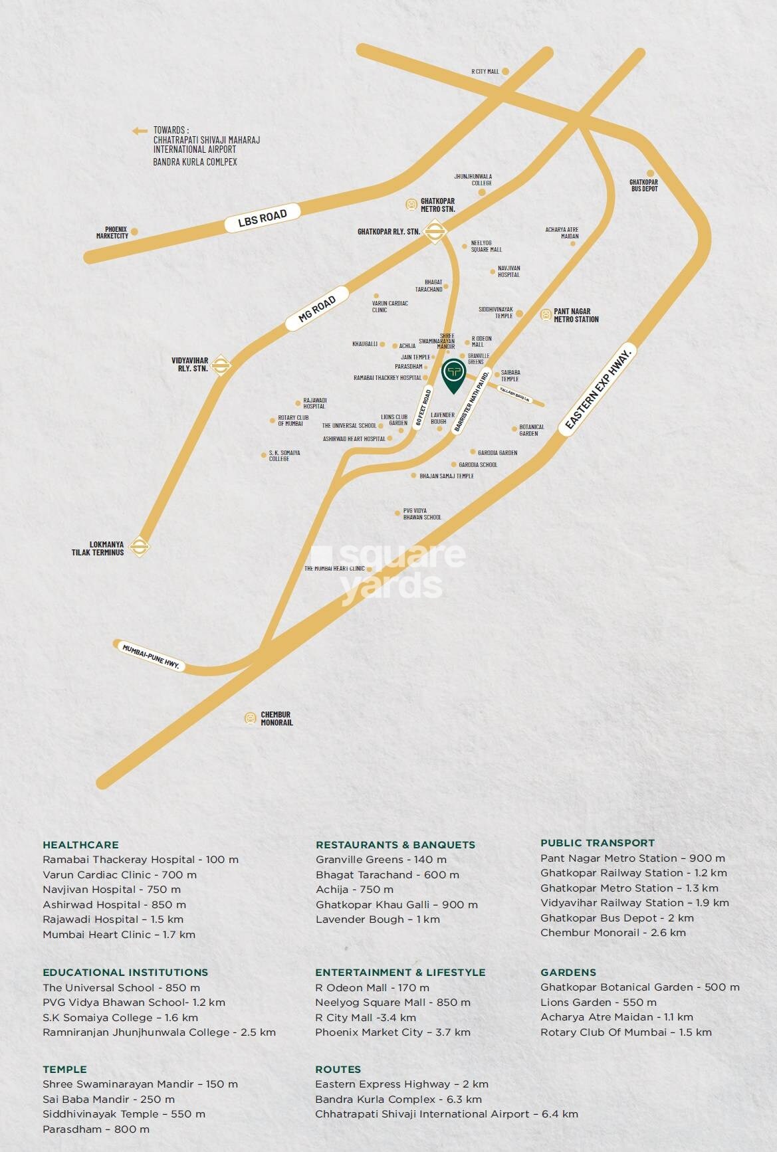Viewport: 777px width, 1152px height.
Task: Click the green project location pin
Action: tap(453, 374)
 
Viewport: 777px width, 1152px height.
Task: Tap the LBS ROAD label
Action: tap(263, 217)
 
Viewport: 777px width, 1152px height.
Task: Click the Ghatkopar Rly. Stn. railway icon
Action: tap(433, 231)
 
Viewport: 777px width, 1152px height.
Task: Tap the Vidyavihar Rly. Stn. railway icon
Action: tap(221, 365)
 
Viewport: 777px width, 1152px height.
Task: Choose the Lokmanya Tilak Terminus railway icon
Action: tap(139, 547)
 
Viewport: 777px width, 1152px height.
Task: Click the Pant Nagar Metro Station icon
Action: tap(546, 315)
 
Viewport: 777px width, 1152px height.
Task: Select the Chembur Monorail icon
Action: tap(251, 718)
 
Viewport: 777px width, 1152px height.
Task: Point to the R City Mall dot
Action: tap(505, 71)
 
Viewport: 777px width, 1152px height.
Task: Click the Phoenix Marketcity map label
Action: tap(112, 233)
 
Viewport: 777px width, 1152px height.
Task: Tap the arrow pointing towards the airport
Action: tap(140, 131)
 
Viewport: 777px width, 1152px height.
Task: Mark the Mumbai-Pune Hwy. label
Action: tap(151, 656)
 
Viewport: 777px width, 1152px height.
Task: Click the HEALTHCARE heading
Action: tap(80, 845)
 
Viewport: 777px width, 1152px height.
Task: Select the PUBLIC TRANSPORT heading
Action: tap(597, 843)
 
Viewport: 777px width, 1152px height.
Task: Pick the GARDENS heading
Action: tap(568, 972)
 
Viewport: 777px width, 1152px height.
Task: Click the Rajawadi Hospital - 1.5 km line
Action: tap(113, 919)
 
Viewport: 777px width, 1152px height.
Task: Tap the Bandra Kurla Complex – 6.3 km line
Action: tap(398, 1100)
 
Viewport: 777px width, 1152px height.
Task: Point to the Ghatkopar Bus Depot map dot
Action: tap(650, 173)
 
